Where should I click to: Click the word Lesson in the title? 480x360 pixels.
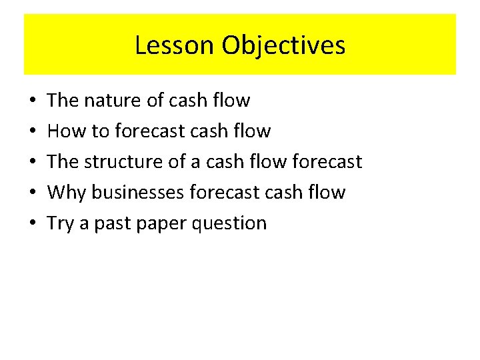[175, 45]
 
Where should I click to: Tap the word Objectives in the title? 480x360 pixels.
[284, 45]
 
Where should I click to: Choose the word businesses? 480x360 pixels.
[139, 193]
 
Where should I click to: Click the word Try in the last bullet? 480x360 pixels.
[61, 223]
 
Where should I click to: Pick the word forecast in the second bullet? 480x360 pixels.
[149, 131]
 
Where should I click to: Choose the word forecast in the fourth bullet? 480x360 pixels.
[223, 193]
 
